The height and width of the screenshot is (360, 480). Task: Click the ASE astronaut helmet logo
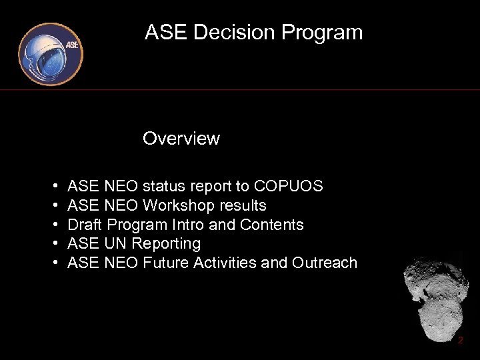pos(50,55)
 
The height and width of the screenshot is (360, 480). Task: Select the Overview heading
pos(181,139)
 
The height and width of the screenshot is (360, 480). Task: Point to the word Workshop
pos(180,205)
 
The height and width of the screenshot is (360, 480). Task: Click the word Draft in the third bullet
pos(85,225)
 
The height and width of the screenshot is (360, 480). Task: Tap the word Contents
pos(272,225)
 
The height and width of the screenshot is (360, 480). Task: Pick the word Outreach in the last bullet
pos(324,263)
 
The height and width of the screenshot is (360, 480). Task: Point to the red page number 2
pos(460,341)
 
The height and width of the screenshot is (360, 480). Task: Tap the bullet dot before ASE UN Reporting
pos(53,244)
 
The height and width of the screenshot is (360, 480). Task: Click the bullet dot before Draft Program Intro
pos(53,225)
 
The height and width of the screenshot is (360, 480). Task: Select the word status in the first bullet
pos(163,186)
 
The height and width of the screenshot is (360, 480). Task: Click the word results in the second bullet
pos(244,205)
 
